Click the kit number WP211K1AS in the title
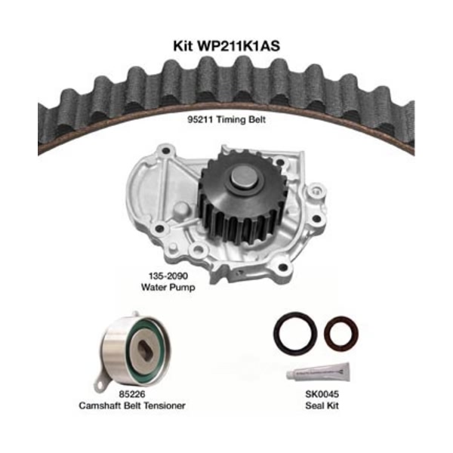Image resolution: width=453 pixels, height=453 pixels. click(238, 46)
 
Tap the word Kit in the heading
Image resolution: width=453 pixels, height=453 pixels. click(183, 46)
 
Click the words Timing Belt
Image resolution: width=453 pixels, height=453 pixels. click(241, 119)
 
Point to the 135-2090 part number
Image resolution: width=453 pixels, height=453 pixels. click(168, 276)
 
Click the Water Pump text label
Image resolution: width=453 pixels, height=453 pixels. click(168, 287)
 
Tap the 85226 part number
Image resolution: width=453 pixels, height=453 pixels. click(131, 394)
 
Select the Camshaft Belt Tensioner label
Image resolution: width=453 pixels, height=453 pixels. click(131, 405)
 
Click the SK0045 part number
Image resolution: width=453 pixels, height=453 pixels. click(322, 394)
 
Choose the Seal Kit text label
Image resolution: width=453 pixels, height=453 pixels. click(322, 405)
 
